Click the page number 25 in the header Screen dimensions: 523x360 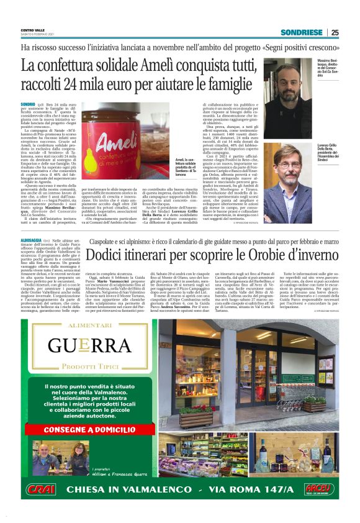pos(335,32)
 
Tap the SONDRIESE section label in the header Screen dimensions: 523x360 pos(302,32)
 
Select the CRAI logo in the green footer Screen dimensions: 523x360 pos(44,489)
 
